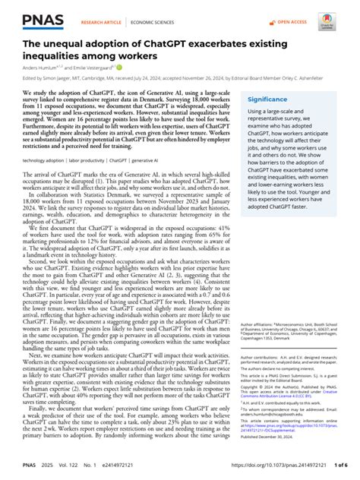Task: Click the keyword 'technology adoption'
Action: pos(42,183)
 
